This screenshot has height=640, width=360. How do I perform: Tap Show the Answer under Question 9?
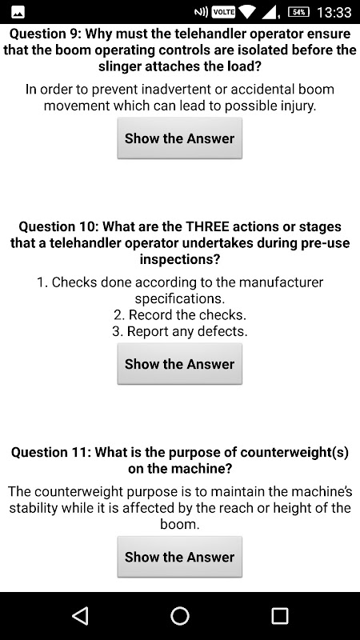point(179,138)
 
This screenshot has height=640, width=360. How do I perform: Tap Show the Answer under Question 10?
point(179,364)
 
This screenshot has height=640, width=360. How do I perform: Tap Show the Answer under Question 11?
point(179,557)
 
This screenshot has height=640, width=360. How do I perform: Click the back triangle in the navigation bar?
point(80,615)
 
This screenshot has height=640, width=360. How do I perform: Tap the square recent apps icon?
point(280,616)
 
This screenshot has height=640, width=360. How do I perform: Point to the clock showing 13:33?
point(334,12)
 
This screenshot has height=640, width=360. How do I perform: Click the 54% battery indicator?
point(298,12)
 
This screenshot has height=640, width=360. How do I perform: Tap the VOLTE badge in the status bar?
point(224,12)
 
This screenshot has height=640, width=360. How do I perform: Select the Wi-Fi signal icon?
point(247,12)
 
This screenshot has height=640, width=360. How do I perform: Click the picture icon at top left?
point(18,13)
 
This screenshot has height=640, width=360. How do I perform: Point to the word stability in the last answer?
point(34,508)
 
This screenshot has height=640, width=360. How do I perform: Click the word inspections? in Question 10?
point(179,259)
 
